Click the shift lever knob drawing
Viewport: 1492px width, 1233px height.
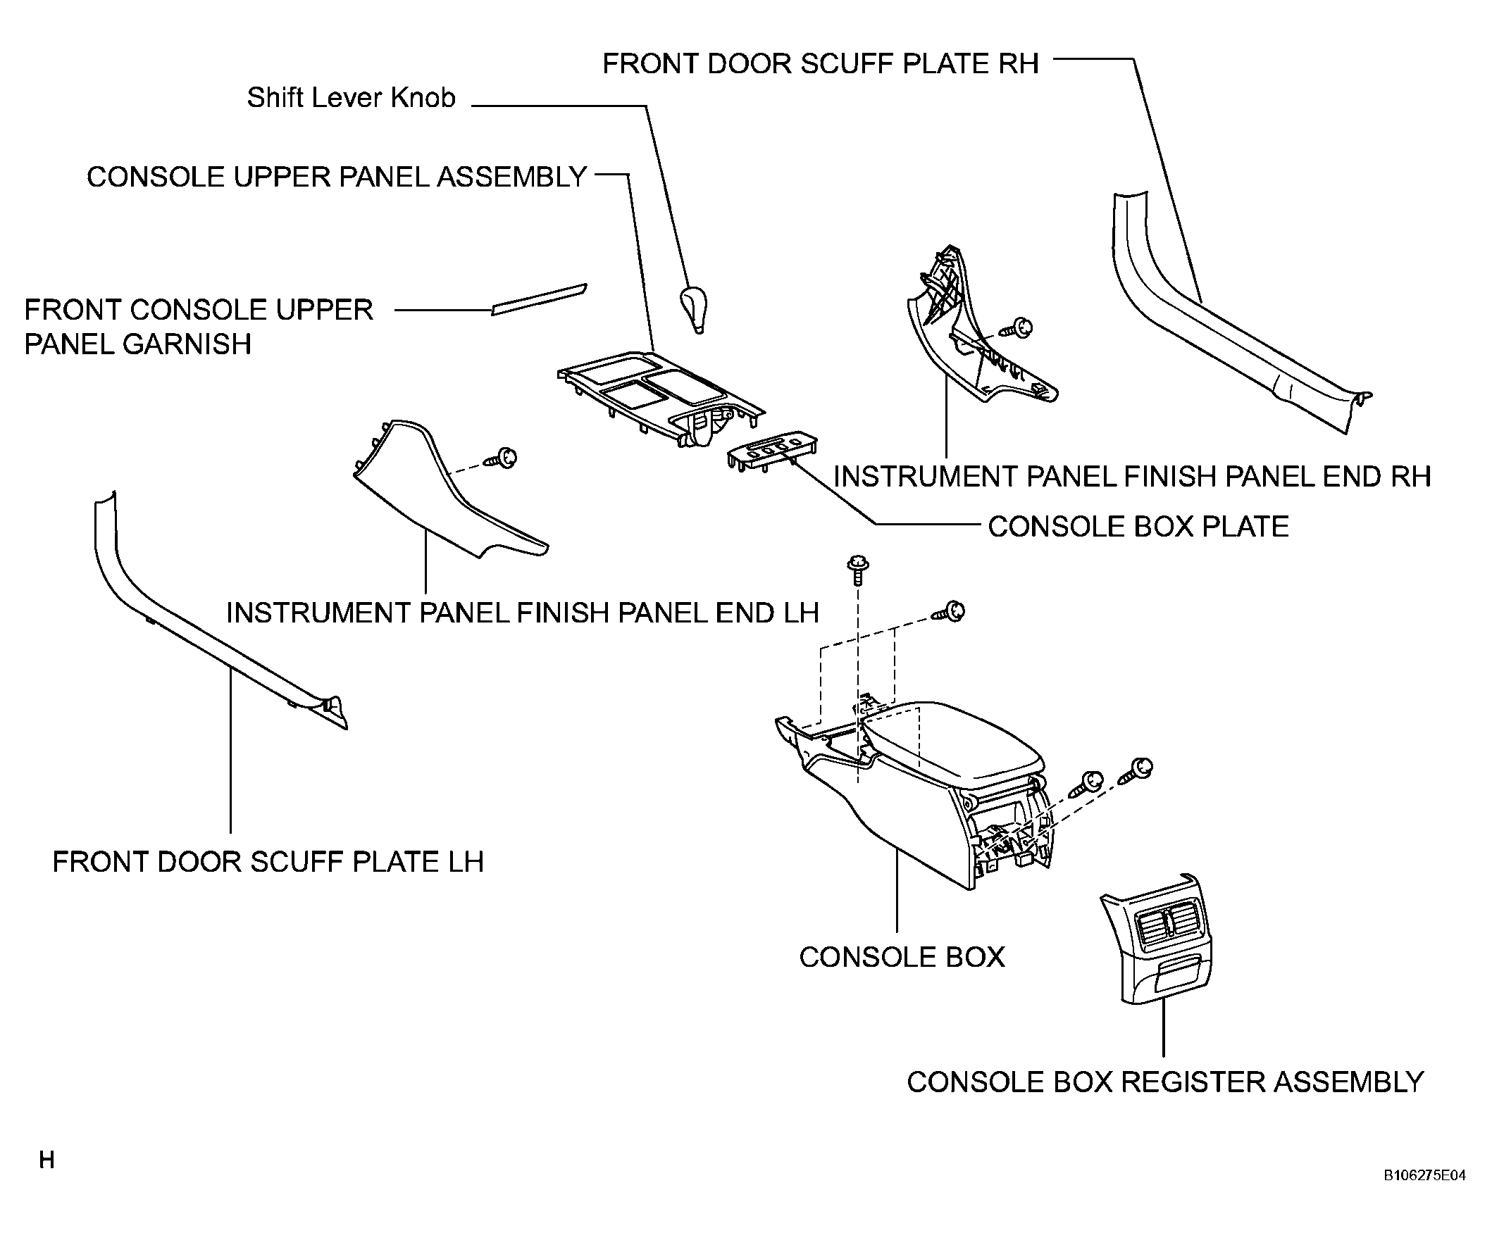click(695, 308)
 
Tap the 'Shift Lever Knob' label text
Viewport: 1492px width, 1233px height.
click(351, 98)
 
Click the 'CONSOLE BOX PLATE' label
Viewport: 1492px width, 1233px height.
click(1138, 526)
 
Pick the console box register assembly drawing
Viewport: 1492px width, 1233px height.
click(1157, 939)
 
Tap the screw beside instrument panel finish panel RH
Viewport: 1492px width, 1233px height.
click(1017, 328)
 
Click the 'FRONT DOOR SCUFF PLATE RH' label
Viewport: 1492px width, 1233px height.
click(821, 64)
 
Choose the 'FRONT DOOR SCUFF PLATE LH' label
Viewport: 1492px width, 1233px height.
click(268, 861)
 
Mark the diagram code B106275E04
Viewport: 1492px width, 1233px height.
click(1424, 1175)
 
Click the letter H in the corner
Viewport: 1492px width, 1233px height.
click(47, 1160)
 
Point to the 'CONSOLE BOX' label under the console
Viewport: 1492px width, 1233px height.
click(902, 958)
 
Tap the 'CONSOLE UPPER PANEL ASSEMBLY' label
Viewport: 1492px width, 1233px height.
click(337, 177)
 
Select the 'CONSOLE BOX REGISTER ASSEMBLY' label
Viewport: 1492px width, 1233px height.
click(1165, 1082)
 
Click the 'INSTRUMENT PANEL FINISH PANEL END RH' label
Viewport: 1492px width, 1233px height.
click(1133, 476)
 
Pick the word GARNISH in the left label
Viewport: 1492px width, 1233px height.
click(187, 344)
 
